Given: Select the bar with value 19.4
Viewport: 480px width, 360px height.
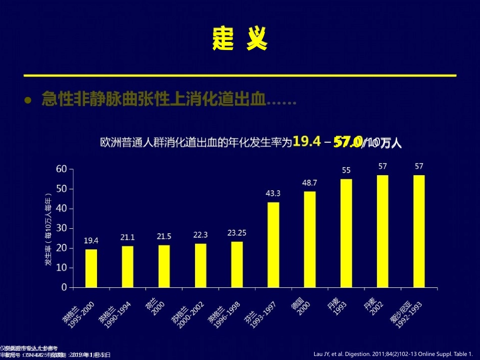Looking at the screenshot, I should (x=91, y=268).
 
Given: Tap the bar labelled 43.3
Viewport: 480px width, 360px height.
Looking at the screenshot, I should (x=273, y=244).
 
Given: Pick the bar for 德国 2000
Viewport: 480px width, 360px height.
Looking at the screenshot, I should (x=310, y=239).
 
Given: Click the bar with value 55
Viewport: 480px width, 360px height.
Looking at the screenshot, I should (x=346, y=233).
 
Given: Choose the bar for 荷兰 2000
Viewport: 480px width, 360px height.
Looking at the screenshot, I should (x=164, y=266).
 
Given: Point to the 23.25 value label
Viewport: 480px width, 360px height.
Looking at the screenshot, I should (x=237, y=233).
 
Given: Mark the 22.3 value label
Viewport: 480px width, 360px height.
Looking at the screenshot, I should (x=201, y=235).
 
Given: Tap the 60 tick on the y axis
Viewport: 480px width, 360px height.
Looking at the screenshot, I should (x=61, y=169).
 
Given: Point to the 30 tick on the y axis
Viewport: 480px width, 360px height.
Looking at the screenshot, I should (x=61, y=228).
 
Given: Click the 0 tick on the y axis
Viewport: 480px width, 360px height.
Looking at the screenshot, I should (x=64, y=287).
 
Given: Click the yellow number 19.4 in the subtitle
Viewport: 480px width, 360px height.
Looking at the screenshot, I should (x=307, y=143).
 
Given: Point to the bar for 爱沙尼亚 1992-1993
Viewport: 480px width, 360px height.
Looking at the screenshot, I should (x=419, y=231).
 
